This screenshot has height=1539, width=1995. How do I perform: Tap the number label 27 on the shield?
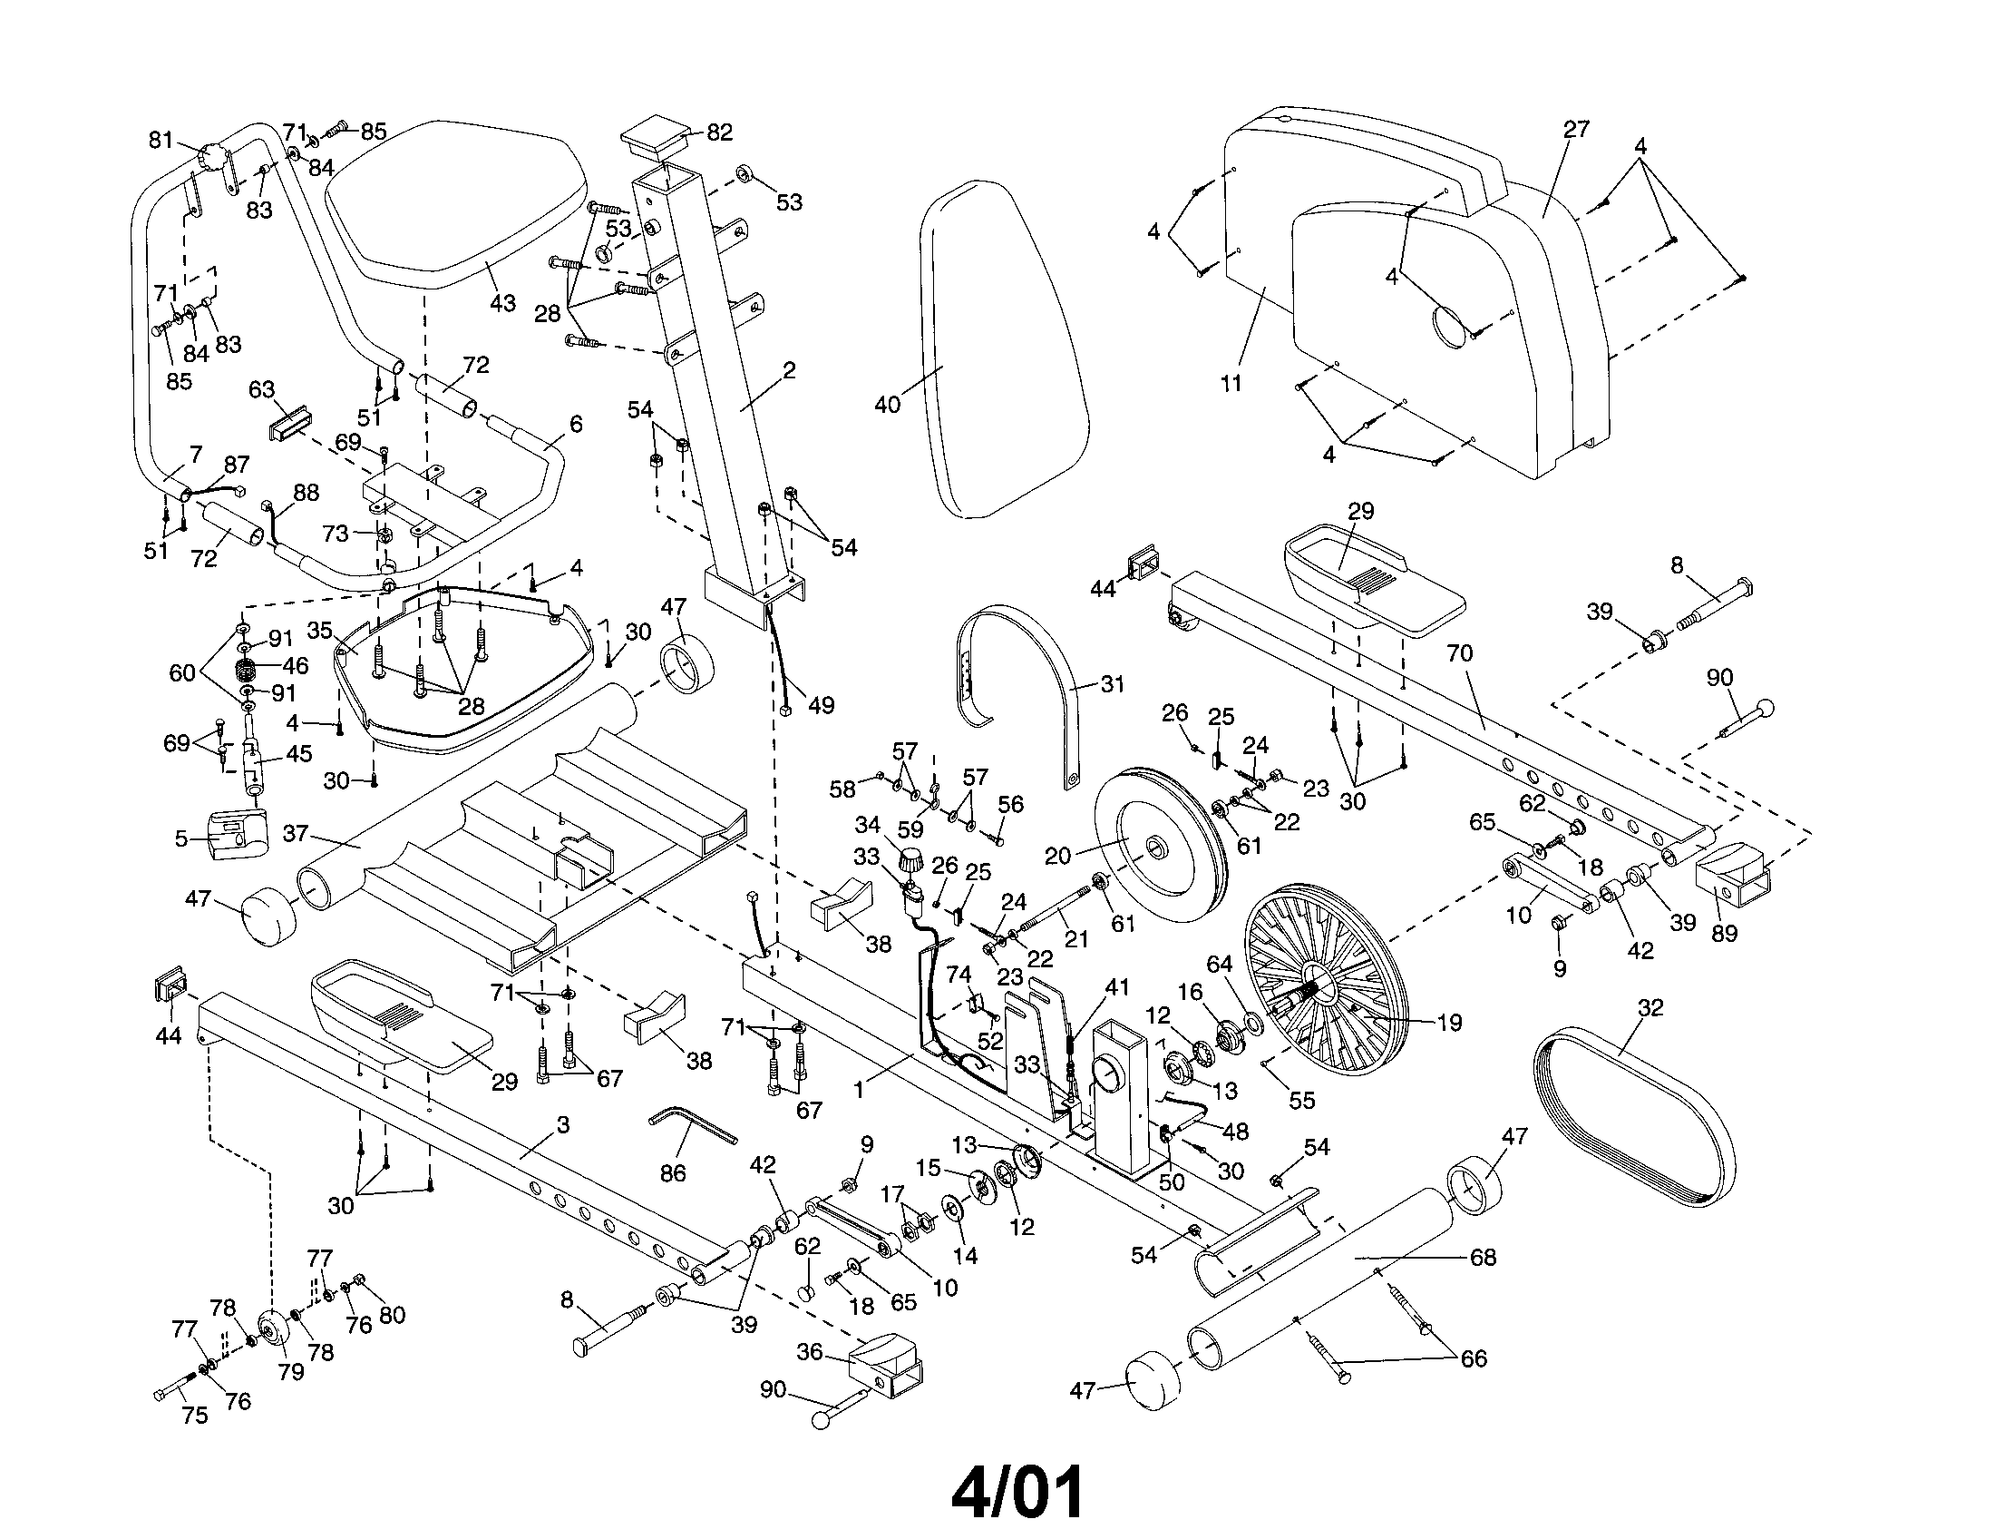(1576, 129)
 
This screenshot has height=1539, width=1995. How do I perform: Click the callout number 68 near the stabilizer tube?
(1483, 1258)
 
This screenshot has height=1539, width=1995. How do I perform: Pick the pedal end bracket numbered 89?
(1731, 876)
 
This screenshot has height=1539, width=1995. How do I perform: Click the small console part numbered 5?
(236, 832)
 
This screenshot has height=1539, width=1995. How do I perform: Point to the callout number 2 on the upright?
(789, 370)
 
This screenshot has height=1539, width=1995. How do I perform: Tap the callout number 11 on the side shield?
(1231, 383)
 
